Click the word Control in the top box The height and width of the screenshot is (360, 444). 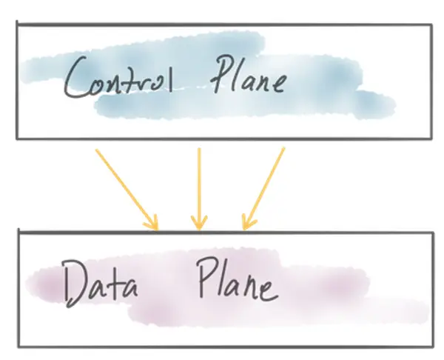118,79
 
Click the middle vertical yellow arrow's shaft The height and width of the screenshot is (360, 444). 198,185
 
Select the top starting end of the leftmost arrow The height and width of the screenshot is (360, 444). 96,150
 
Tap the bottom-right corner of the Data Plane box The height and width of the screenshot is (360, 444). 431,346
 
